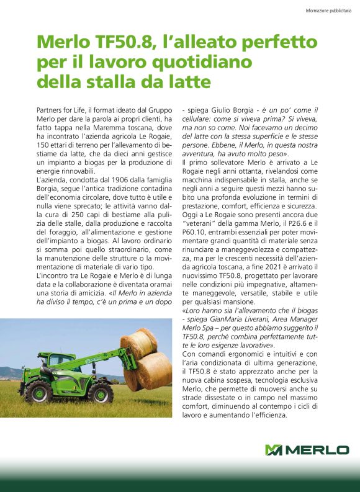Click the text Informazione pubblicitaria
tap(328, 10)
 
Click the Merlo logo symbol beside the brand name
tap(273, 450)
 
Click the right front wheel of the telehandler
tap(101, 393)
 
